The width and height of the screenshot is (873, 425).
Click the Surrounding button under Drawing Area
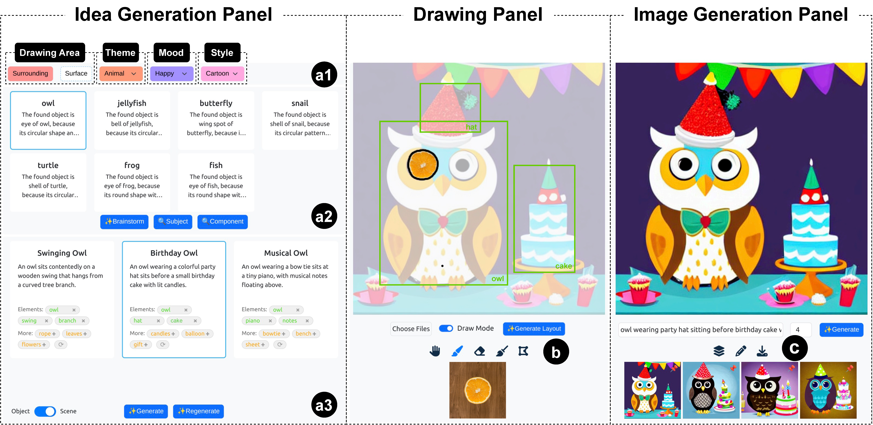click(30, 74)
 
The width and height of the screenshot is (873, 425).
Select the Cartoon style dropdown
click(222, 74)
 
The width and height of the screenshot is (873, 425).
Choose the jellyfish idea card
click(132, 120)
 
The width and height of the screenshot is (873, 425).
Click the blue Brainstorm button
click(124, 222)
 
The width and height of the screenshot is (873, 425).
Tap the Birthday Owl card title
click(174, 253)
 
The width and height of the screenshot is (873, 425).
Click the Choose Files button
click(411, 329)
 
